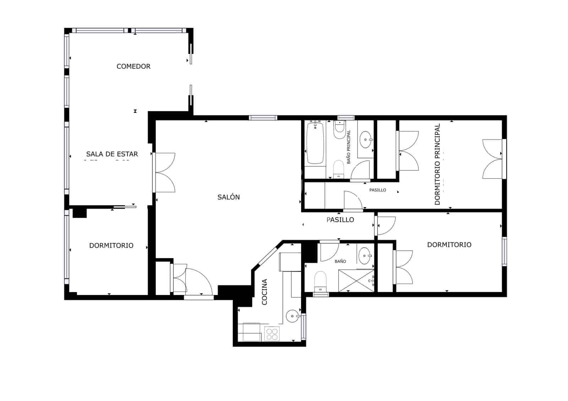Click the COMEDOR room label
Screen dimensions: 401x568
coord(133,66)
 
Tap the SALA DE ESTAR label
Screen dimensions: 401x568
coord(112,154)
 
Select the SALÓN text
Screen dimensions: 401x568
coord(228,197)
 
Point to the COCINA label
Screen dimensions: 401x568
coord(264,292)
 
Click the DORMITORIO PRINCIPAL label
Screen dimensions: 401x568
coord(437,164)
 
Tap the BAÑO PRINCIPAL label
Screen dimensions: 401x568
coord(349,146)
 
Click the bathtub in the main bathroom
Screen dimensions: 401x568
coord(315,143)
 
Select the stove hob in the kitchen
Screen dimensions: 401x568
coord(272,334)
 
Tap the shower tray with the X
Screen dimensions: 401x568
coord(356,280)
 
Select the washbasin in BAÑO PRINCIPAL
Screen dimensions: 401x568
coord(366,139)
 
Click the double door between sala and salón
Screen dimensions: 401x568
coord(164,173)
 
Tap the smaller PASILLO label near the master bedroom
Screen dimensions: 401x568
coord(377,190)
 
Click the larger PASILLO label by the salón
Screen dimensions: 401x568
coord(340,220)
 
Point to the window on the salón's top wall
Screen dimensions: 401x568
coord(263,118)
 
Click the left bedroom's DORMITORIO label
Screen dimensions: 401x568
coord(111,245)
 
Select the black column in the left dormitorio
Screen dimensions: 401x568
coord(80,213)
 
